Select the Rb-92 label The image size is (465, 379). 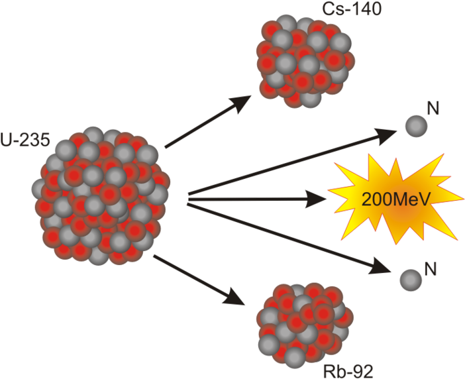pyautogui.click(x=347, y=372)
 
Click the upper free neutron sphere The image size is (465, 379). pyautogui.click(x=415, y=125)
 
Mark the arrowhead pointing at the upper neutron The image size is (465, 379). pyautogui.click(x=387, y=136)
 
